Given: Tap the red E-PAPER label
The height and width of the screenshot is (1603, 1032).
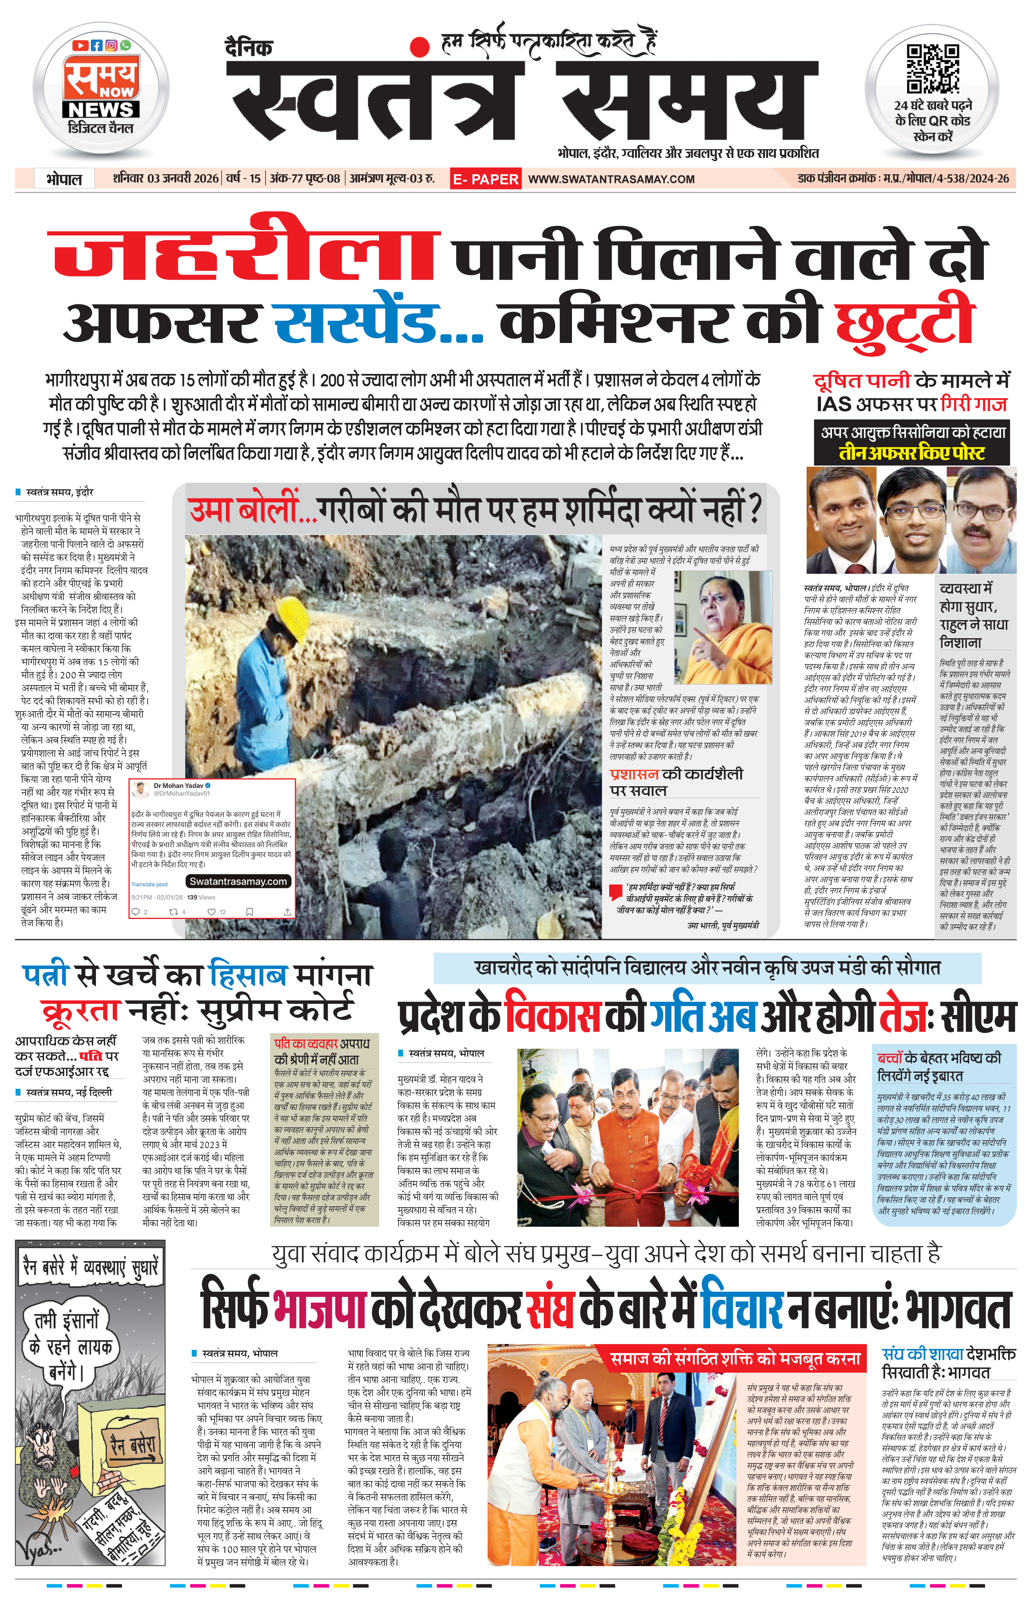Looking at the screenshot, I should click(x=485, y=179).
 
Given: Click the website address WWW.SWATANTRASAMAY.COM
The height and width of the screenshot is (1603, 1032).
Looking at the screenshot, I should click(x=611, y=179).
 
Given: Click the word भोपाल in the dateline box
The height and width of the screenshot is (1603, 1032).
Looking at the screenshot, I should click(x=64, y=179).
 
